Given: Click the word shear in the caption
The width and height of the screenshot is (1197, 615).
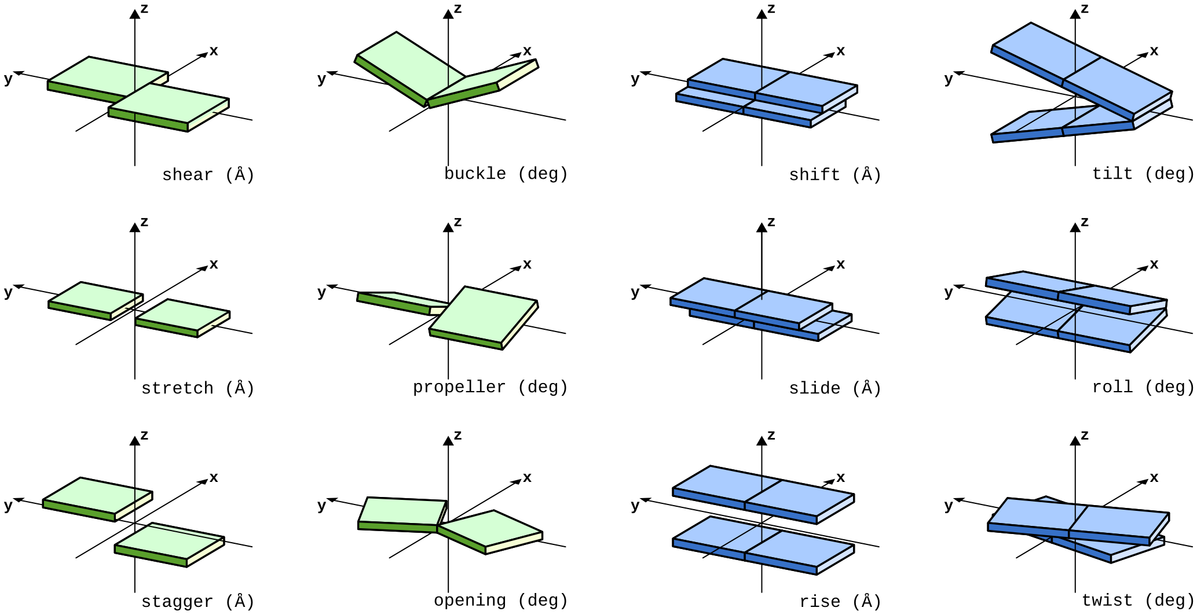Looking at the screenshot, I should pyautogui.click(x=187, y=175).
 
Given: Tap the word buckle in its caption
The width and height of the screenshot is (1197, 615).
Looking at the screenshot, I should pyautogui.click(x=475, y=174).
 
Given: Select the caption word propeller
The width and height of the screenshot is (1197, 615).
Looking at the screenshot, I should pyautogui.click(x=459, y=387).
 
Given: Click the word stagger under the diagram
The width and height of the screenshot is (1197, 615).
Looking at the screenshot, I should pyautogui.click(x=177, y=602).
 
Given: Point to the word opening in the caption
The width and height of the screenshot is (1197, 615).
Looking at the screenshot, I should pyautogui.click(x=470, y=601).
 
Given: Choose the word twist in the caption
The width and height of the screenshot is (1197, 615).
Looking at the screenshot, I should pyautogui.click(x=1107, y=601).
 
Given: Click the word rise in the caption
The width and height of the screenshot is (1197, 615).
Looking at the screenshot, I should pyautogui.click(x=819, y=602).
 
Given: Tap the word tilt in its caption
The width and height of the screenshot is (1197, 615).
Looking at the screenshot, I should pyautogui.click(x=1112, y=174).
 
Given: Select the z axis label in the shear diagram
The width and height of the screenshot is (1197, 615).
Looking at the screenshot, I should pyautogui.click(x=144, y=9).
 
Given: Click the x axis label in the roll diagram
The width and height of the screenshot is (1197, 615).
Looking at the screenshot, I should pyautogui.click(x=1154, y=264).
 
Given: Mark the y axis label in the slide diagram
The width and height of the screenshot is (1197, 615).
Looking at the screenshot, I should pyautogui.click(x=635, y=292).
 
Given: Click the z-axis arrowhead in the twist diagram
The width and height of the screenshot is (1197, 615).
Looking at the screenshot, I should pyautogui.click(x=1075, y=440).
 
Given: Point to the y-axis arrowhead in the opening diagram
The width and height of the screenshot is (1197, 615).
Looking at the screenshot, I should pyautogui.click(x=332, y=499).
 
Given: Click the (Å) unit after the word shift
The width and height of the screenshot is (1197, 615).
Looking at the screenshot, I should pyautogui.click(x=866, y=175).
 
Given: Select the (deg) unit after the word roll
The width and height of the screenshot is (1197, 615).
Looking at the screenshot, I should pyautogui.click(x=1169, y=387).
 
